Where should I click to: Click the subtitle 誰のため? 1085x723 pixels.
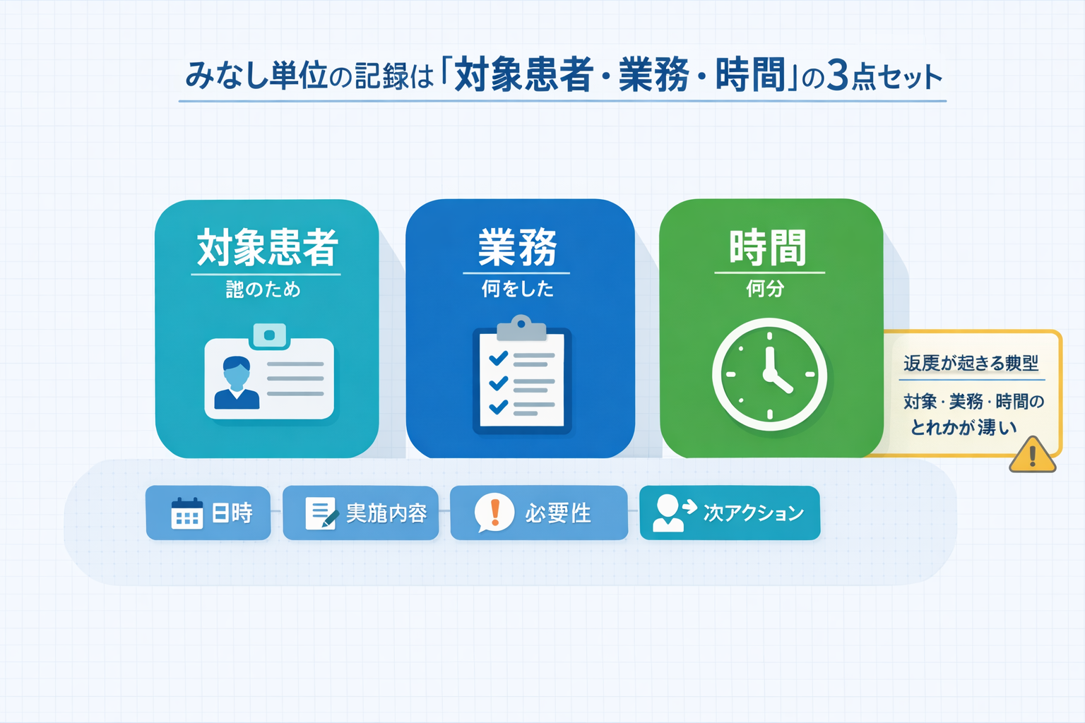(263, 289)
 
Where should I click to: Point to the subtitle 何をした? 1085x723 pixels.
(517, 289)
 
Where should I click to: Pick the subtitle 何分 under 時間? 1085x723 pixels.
(765, 288)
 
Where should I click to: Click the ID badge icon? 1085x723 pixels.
(268, 374)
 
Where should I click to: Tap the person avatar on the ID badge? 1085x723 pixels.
(237, 383)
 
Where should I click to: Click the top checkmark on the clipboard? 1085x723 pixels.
(498, 357)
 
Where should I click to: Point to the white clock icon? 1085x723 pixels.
(769, 374)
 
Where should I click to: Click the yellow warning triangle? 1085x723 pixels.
(1032, 455)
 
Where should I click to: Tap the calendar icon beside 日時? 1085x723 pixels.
(186, 513)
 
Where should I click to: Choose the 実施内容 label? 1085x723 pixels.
(386, 513)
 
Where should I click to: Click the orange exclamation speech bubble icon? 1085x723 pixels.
(494, 512)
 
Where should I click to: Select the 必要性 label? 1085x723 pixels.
(557, 513)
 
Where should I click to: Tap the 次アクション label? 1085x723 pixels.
(754, 513)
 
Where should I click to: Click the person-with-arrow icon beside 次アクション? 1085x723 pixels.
(673, 512)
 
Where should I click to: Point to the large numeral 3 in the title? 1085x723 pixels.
(837, 76)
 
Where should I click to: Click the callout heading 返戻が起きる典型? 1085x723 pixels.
(971, 364)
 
